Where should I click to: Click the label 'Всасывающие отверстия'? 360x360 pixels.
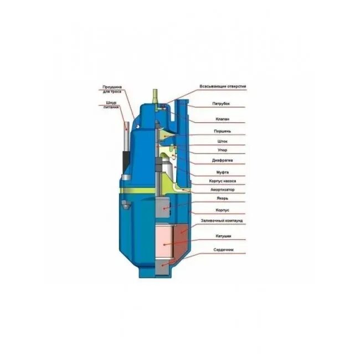pyautogui.click(x=223, y=87)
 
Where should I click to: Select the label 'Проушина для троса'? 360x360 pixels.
pyautogui.click(x=112, y=89)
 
